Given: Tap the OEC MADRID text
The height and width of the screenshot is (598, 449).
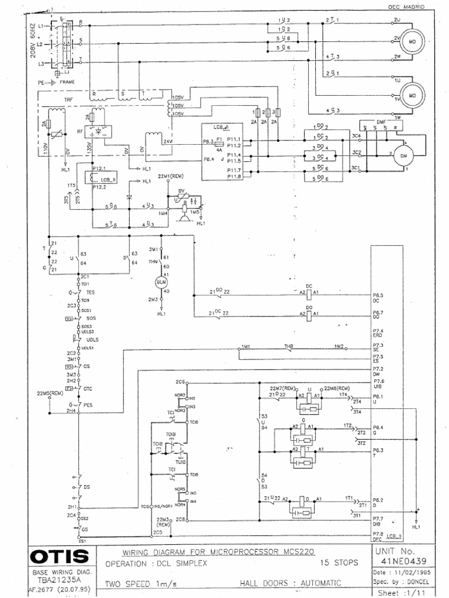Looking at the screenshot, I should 406,6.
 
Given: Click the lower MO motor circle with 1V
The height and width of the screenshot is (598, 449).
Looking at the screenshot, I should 412,95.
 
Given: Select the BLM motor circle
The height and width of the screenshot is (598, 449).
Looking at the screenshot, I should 160,283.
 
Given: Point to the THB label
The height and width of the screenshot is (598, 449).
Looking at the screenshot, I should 288,346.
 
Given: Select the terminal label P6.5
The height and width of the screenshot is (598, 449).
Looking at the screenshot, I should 378,295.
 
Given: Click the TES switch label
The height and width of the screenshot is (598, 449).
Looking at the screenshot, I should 90,291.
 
